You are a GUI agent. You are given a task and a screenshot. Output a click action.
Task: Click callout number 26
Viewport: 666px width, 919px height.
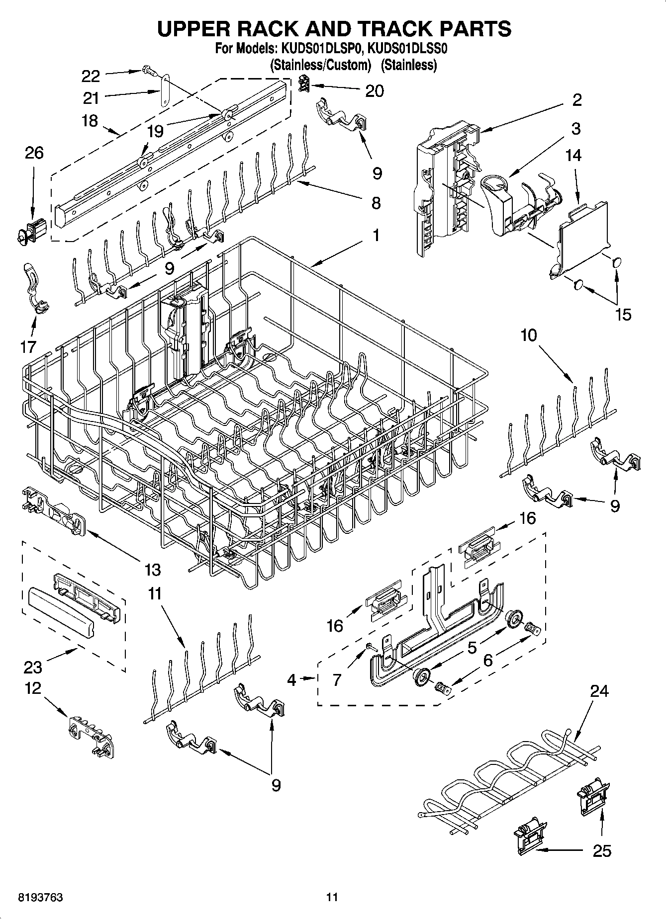click(34, 153)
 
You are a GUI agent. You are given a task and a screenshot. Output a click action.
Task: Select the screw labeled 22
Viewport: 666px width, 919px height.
click(148, 70)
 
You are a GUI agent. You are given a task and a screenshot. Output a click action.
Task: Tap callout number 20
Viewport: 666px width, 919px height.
click(374, 91)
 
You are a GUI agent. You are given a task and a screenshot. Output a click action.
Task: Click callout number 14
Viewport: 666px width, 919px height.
click(573, 156)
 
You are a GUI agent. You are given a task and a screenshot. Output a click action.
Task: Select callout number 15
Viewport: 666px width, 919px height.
click(623, 314)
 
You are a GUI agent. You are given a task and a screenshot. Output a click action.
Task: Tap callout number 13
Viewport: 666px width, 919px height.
click(152, 570)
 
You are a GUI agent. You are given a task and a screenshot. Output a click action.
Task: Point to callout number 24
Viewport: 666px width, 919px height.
click(599, 691)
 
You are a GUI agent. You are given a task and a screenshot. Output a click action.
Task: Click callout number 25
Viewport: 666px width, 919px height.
click(602, 850)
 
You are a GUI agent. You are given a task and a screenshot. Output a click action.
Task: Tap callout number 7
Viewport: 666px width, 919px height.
click(337, 679)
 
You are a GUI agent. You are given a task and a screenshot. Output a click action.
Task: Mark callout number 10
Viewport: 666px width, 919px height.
click(529, 335)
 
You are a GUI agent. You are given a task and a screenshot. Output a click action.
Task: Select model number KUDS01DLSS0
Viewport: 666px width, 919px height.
click(405, 49)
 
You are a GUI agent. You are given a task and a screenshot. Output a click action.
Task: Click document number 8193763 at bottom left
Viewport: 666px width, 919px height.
click(40, 897)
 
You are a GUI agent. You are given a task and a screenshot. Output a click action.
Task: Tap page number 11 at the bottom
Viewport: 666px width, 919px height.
click(332, 897)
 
